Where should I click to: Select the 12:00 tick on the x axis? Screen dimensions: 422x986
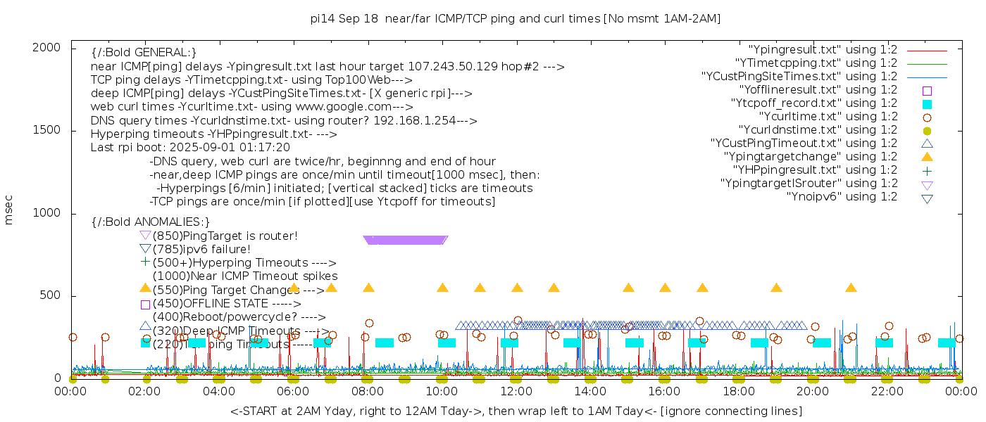coord(516,392)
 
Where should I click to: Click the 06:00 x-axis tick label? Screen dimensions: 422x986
coord(294,392)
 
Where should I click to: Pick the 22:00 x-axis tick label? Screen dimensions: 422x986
coord(887,392)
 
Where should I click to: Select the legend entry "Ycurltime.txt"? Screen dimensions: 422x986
coord(828,116)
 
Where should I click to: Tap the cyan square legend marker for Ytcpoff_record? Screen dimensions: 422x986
coord(927,103)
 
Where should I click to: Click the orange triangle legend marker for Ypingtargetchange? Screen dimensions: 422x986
coord(927,156)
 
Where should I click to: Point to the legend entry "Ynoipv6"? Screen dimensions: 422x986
coord(842,196)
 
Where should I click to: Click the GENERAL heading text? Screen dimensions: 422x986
coord(144,53)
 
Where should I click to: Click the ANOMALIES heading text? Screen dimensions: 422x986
coord(151,222)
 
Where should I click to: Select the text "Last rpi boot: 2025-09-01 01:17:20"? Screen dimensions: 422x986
coord(190,148)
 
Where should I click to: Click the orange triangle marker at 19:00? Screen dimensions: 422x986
coord(776,288)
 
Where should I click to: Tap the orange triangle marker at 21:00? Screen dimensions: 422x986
coord(851,288)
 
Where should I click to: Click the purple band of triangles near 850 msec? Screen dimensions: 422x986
coord(406,240)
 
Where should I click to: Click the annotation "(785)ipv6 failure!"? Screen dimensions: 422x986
coord(201,249)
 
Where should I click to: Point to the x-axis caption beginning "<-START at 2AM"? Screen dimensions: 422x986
coord(516,411)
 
